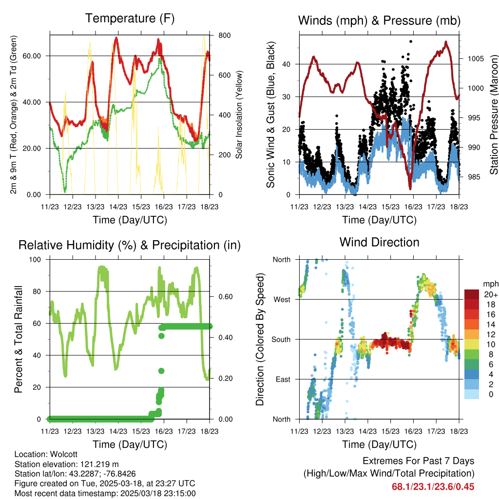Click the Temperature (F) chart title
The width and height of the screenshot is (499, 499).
[130, 19]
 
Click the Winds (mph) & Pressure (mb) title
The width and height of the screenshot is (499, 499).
[379, 20]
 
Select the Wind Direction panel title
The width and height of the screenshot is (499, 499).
[379, 242]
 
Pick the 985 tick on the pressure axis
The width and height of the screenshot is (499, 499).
[474, 177]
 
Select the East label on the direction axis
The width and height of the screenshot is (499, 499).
[282, 379]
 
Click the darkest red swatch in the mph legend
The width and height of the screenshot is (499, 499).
[471, 294]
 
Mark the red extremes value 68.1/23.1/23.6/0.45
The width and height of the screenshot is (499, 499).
[433, 486]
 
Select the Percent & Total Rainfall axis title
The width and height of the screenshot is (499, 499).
[18, 339]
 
